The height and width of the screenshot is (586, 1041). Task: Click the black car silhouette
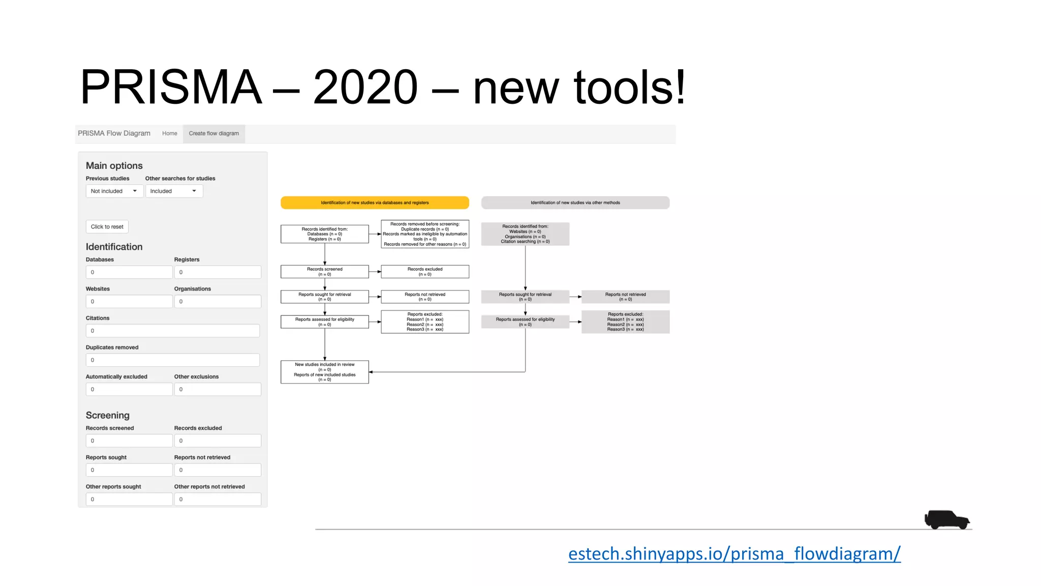click(946, 519)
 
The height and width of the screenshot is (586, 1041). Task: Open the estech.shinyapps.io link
click(734, 553)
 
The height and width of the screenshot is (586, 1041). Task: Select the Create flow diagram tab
click(213, 134)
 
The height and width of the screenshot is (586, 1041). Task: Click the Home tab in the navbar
click(170, 134)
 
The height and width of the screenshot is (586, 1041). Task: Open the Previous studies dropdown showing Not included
click(114, 191)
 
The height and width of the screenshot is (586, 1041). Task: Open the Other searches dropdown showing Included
click(174, 191)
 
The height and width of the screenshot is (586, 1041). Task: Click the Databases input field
click(129, 272)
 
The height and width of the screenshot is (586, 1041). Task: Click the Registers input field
click(218, 272)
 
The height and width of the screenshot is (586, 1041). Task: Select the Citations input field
click(173, 331)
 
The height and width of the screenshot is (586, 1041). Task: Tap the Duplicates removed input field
click(173, 360)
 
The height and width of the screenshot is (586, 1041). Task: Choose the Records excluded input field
click(218, 441)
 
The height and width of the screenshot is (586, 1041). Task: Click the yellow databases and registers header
click(375, 203)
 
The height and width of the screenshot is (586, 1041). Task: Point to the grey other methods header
click(575, 203)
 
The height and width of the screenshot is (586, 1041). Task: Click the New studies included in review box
click(325, 372)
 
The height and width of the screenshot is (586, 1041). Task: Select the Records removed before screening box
click(425, 234)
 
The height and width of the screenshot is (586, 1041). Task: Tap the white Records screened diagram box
click(325, 272)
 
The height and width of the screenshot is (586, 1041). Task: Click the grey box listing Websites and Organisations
click(525, 234)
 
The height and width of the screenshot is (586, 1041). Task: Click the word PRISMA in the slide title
click(171, 87)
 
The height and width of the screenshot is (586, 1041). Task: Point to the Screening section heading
click(108, 415)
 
